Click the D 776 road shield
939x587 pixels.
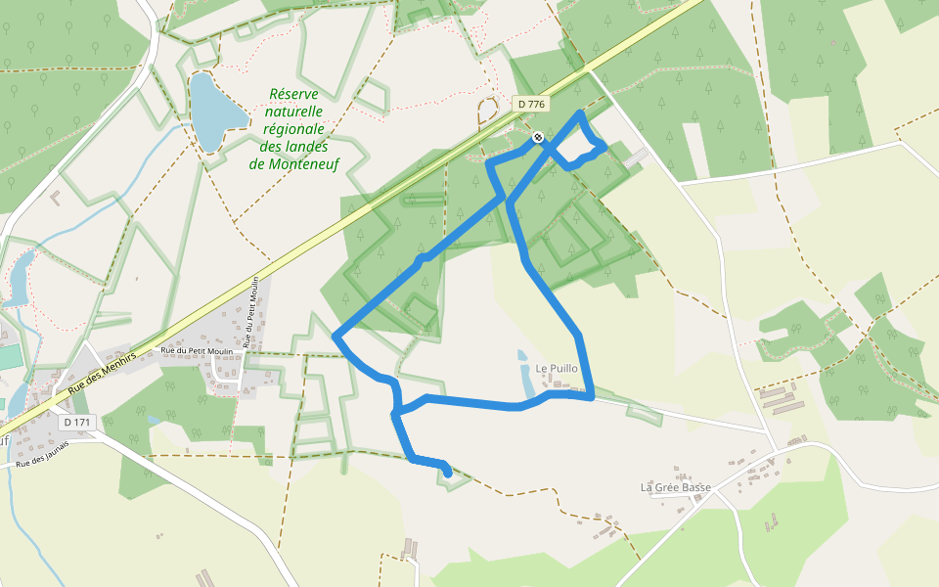tap(530, 104)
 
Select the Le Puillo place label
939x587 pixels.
tap(557, 369)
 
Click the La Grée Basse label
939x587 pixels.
tap(675, 487)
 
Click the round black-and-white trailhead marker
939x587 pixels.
tap(538, 137)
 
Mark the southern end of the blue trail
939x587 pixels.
tap(448, 474)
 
